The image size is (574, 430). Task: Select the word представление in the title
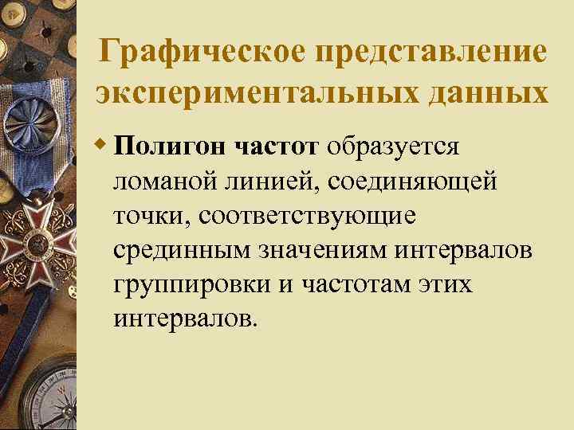tap(427, 53)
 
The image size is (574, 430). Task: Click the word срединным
tap(180, 250)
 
